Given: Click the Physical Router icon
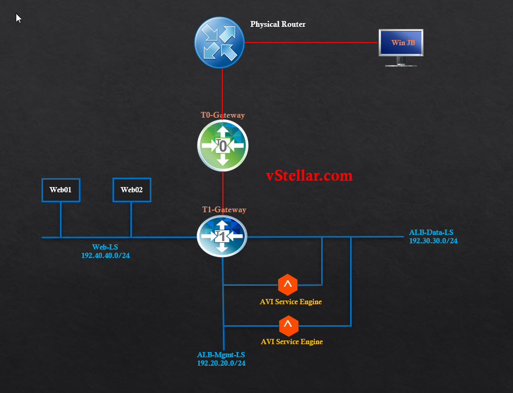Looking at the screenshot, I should (x=220, y=42).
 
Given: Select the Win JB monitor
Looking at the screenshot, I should (x=401, y=45).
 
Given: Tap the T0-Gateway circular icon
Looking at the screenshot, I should (x=222, y=146).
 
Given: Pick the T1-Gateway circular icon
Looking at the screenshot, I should (x=222, y=237).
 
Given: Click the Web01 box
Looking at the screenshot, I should (x=60, y=190).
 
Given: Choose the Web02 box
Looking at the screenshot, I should (x=132, y=190).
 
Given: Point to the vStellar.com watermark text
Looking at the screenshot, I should (x=309, y=175).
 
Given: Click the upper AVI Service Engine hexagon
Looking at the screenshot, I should (x=288, y=285).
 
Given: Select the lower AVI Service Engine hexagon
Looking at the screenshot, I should (x=288, y=326).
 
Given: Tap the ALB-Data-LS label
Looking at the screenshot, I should (x=431, y=232).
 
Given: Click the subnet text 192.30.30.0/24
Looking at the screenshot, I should (x=433, y=241).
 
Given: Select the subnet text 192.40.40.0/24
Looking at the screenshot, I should (x=106, y=255).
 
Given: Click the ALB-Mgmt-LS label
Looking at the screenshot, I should (x=221, y=355).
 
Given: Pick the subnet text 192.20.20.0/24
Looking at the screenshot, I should (x=221, y=363).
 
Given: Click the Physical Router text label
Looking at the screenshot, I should (x=278, y=24).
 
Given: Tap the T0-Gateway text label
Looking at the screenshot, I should (x=222, y=115).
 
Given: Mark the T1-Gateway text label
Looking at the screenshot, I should (x=224, y=210).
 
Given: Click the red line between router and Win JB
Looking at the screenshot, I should (x=310, y=43).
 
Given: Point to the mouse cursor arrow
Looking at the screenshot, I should (x=18, y=18).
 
